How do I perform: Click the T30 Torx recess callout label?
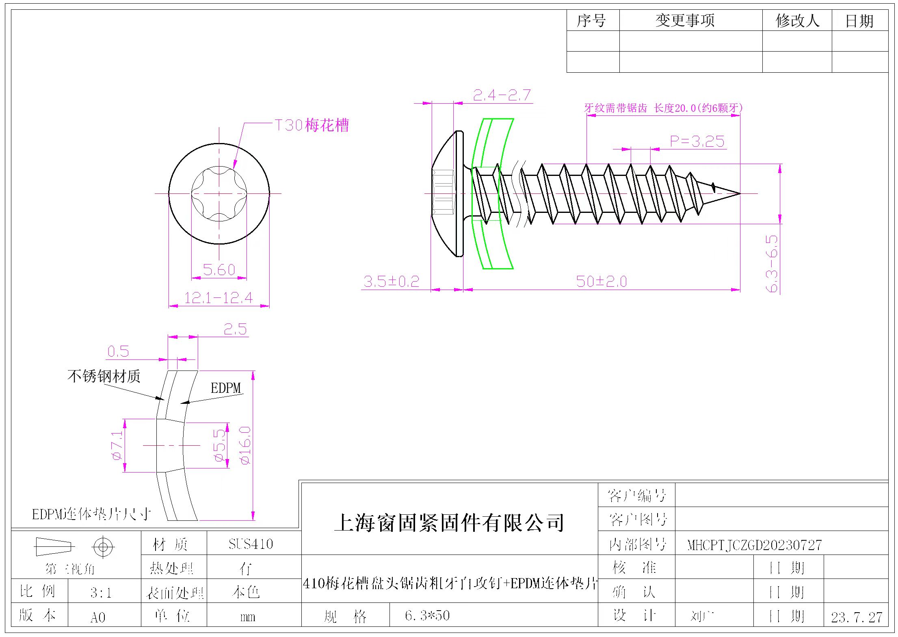coord(312,125)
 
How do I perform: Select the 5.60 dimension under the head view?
coord(219,270)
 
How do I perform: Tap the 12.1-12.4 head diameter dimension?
coord(219,298)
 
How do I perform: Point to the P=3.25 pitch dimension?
coord(697,141)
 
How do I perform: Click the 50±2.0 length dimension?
coord(602,281)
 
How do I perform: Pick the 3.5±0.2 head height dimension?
coord(391,281)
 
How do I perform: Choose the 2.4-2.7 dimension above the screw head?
coord(502,95)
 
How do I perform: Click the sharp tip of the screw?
coord(739,194)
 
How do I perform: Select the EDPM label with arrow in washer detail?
coord(225,388)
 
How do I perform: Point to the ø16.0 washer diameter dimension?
coord(246,445)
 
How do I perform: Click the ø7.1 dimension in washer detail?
coord(117,445)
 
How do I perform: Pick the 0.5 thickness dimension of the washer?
coord(118,351)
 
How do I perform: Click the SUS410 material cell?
coord(251,544)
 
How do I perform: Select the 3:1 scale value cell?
coord(101,593)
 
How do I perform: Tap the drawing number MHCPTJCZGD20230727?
coord(754,545)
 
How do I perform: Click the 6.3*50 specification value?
coord(427,615)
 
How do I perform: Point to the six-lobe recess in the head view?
coord(219,194)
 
